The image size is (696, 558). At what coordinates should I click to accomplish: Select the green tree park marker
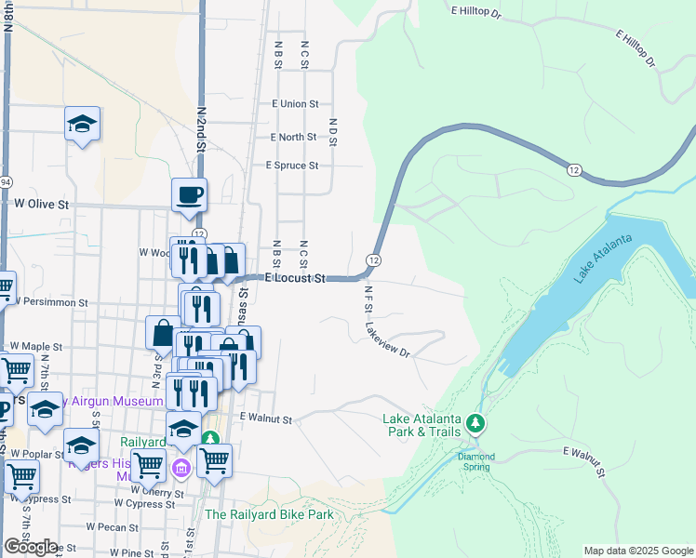[x=476, y=425]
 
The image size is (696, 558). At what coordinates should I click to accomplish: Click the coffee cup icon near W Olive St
[x=189, y=195]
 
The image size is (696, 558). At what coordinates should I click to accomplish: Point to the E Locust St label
[x=294, y=278]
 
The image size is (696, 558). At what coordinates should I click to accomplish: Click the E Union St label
[x=295, y=104]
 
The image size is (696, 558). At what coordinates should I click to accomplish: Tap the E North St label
[x=293, y=137]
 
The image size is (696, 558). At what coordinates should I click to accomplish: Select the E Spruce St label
[x=292, y=166]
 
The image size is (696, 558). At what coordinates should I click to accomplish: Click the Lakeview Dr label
[x=388, y=339]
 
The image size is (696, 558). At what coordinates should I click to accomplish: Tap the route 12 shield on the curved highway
[x=573, y=168]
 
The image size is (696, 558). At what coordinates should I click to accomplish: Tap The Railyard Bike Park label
[x=269, y=514]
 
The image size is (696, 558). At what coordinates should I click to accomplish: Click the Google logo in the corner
[x=31, y=547]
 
